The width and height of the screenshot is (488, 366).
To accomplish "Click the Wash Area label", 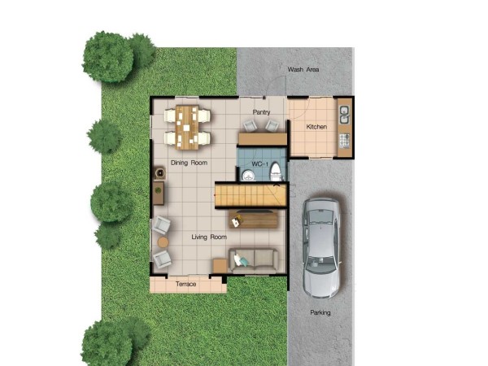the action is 303,69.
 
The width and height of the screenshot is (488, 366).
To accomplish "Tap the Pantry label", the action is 261,112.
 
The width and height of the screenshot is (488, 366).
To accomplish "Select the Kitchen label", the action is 316,127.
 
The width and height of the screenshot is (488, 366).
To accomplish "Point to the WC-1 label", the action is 259,164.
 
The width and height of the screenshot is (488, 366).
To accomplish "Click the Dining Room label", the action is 190,163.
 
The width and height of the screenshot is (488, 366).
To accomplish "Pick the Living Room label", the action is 209,237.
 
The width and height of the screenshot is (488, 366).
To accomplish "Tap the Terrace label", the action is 185,284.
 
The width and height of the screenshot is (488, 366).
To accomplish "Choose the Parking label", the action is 320,312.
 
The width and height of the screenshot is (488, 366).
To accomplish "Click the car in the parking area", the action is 322,248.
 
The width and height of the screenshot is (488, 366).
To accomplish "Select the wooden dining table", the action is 187,128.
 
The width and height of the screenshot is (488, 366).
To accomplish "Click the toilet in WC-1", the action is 276,172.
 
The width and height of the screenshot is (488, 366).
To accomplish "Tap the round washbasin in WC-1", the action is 249,175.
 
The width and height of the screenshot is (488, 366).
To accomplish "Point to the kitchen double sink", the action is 345,115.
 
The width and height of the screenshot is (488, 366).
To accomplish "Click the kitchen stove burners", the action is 345,141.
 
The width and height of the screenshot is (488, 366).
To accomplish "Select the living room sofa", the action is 254,260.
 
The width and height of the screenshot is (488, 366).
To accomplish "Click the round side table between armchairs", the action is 163,242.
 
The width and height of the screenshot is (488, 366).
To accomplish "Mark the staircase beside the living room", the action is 251,195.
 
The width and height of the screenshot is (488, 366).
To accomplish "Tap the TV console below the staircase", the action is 253,220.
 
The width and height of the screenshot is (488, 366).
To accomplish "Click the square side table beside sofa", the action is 220,266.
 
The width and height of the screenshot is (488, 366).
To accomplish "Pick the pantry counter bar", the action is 263,139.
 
